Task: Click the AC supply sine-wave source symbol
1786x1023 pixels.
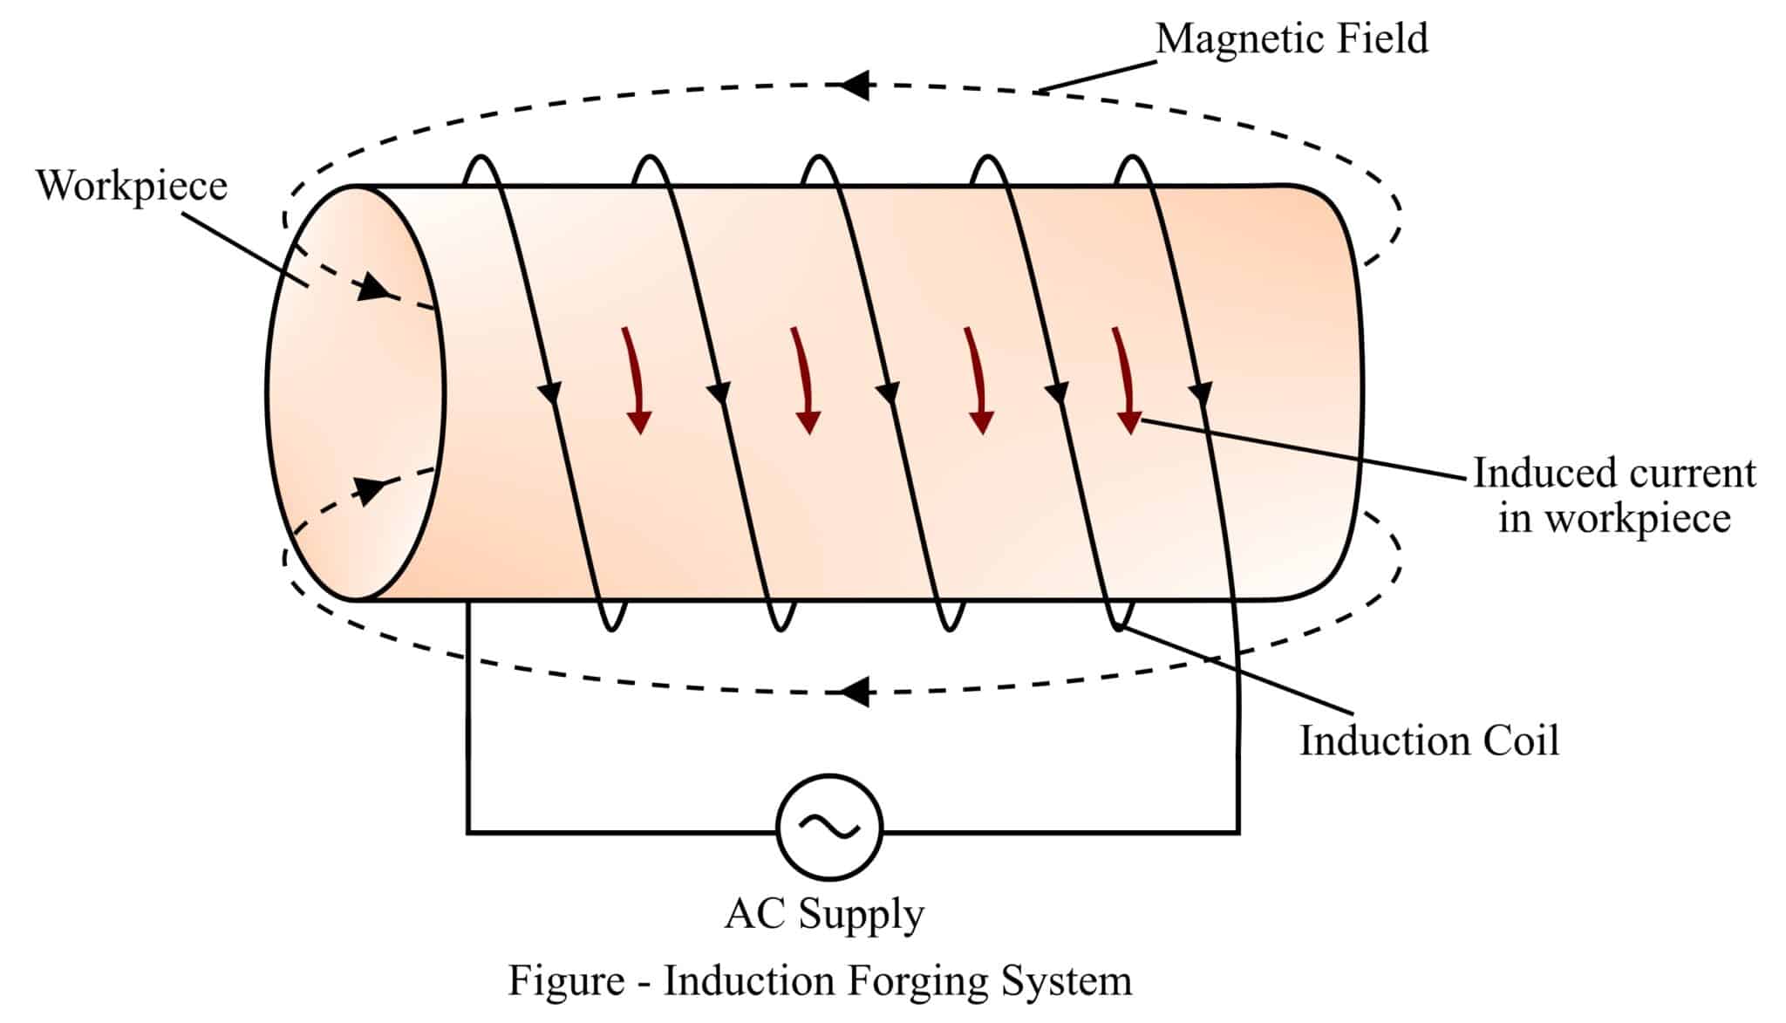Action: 829,826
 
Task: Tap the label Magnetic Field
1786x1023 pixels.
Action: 1292,39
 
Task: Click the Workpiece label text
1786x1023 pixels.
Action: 132,186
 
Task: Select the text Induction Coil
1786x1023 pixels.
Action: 1428,741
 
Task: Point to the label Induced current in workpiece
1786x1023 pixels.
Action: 1613,494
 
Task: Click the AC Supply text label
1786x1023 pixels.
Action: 824,915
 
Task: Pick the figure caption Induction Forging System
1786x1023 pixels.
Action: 820,980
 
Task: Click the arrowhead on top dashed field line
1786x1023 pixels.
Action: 855,85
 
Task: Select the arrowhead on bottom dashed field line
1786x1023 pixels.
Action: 856,692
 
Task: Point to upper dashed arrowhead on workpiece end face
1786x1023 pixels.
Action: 373,287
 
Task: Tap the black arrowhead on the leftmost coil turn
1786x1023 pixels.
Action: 549,393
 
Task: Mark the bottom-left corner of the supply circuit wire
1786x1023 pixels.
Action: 469,832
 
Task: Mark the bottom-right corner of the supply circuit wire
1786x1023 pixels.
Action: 1237,832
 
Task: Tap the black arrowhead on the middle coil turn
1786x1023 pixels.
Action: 888,393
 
